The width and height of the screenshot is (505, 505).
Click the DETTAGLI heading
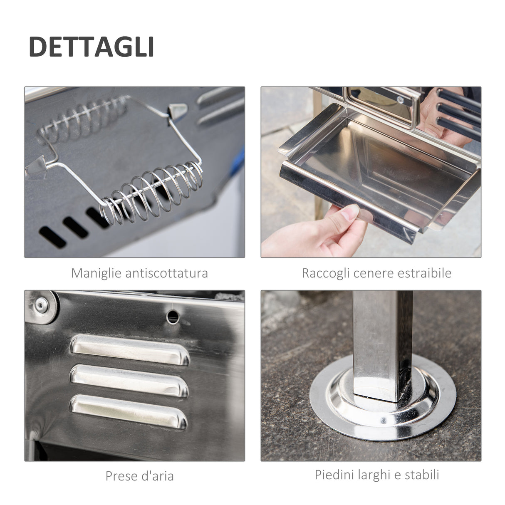(x=91, y=47)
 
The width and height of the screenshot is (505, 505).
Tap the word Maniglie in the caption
(x=96, y=273)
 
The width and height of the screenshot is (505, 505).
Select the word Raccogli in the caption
(x=326, y=273)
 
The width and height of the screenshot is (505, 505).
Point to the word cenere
(x=374, y=273)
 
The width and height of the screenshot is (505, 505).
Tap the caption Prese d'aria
(x=139, y=475)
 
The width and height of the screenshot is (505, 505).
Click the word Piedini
(x=332, y=475)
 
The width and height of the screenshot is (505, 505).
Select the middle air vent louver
(x=129, y=380)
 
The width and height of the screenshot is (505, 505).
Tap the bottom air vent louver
(x=129, y=411)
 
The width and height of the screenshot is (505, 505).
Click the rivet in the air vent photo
(x=40, y=305)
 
